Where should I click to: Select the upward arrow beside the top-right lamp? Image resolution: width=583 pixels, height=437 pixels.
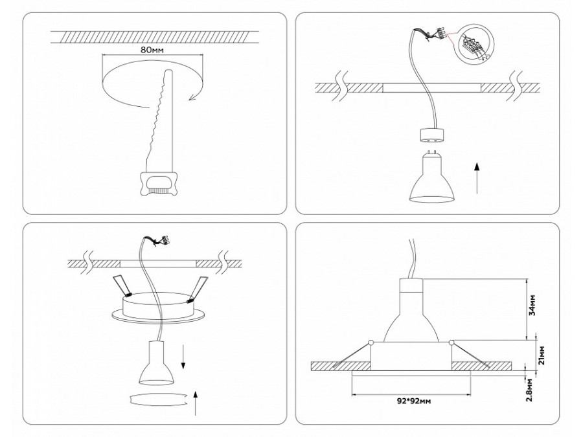coord(477,178)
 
